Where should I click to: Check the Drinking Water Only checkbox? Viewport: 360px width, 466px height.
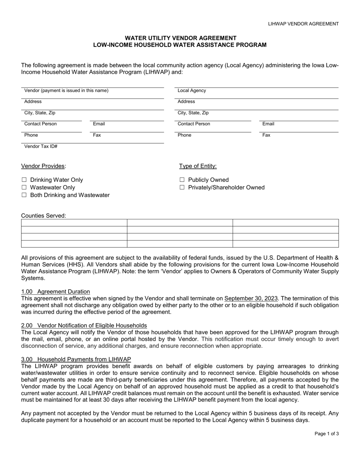coord(24,180)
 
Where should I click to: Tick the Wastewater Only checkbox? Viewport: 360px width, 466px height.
coord(24,188)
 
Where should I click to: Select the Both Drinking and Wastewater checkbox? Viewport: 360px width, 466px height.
coord(24,195)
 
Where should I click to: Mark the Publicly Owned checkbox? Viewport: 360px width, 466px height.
coord(182,180)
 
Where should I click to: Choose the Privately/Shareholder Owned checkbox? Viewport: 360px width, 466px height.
coord(182,188)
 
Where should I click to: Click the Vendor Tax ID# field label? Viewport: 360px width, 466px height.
coord(41,146)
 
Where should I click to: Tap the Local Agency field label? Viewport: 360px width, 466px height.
coord(192,91)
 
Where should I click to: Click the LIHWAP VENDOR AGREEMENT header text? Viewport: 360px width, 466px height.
coord(303,24)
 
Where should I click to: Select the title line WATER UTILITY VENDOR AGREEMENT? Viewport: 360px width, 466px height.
coord(180,38)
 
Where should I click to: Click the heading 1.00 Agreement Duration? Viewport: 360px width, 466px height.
coord(56,291)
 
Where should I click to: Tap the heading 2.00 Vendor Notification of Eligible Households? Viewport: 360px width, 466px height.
coord(84,325)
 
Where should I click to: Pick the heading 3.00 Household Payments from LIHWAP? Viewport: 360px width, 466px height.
coord(76,359)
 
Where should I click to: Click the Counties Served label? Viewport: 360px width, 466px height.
coord(44,216)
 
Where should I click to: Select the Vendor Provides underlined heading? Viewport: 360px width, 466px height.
coord(44,166)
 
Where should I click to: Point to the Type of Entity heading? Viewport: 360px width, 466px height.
coord(198,166)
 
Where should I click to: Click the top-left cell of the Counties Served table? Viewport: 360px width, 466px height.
coord(74,223)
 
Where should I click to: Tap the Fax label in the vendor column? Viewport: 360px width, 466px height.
coord(97,135)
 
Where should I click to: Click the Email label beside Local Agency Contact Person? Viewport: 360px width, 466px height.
coord(268,124)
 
